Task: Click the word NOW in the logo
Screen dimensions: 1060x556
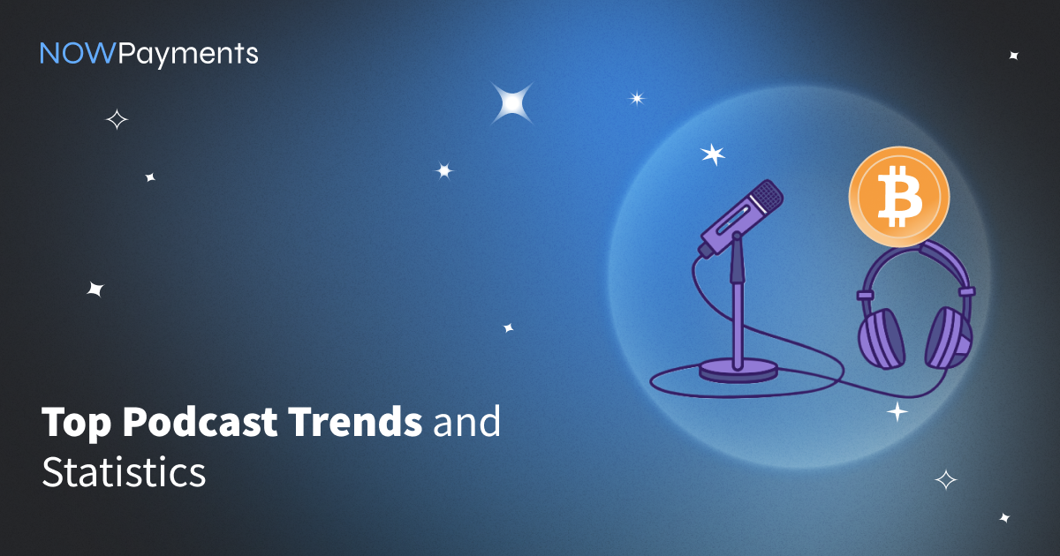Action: (77, 53)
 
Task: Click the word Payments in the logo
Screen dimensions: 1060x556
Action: (188, 55)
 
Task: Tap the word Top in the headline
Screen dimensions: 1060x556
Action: (76, 423)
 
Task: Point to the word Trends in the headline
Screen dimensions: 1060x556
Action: (356, 421)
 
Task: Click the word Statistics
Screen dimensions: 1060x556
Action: (124, 471)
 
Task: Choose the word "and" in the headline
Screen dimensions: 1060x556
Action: (466, 421)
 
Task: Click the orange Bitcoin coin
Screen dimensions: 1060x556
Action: (898, 196)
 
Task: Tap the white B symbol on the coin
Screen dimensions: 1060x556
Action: (899, 196)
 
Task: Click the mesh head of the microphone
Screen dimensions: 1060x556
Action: (768, 195)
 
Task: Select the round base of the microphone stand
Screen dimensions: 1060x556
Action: (738, 369)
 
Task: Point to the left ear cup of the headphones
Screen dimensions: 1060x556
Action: (882, 339)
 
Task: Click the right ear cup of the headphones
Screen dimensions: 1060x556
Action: (949, 337)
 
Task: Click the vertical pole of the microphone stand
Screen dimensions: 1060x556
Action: (738, 303)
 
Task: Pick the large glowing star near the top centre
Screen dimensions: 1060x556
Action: (512, 103)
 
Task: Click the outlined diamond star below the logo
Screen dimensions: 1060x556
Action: (117, 119)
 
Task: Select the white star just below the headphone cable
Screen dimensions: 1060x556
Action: (897, 412)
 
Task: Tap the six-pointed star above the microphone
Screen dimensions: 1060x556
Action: (713, 154)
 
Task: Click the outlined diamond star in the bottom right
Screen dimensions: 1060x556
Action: (946, 480)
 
